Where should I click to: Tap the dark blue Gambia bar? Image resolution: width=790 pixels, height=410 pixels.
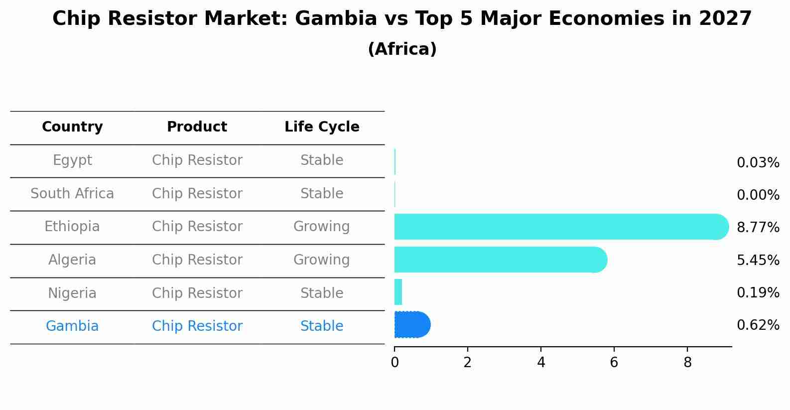tap(412, 325)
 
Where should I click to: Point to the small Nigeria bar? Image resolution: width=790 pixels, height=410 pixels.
tap(398, 292)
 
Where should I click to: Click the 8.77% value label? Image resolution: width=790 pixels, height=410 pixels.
tap(758, 228)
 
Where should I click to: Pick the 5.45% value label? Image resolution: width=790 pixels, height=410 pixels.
tap(758, 260)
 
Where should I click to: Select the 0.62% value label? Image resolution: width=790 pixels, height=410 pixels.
tap(758, 325)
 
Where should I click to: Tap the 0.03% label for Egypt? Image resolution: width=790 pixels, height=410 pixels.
tap(758, 163)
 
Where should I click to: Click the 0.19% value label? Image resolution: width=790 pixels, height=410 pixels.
tap(758, 293)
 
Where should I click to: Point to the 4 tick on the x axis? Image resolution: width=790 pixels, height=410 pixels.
tap(541, 363)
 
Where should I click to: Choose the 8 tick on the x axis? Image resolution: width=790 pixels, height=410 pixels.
tap(687, 363)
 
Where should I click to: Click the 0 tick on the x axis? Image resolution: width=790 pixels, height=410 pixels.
tap(395, 363)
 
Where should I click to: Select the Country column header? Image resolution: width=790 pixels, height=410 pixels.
tap(72, 127)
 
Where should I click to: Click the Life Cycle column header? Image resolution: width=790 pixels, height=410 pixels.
tap(322, 127)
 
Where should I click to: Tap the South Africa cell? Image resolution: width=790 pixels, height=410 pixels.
tap(72, 194)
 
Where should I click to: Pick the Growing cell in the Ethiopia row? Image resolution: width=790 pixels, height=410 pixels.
tap(321, 227)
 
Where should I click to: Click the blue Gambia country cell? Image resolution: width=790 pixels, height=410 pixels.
tap(72, 326)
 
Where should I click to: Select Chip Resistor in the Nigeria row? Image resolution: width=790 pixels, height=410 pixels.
tap(197, 293)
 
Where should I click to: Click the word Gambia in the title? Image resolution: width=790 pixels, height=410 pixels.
tap(336, 19)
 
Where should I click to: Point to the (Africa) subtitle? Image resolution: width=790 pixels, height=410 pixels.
tap(402, 49)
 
